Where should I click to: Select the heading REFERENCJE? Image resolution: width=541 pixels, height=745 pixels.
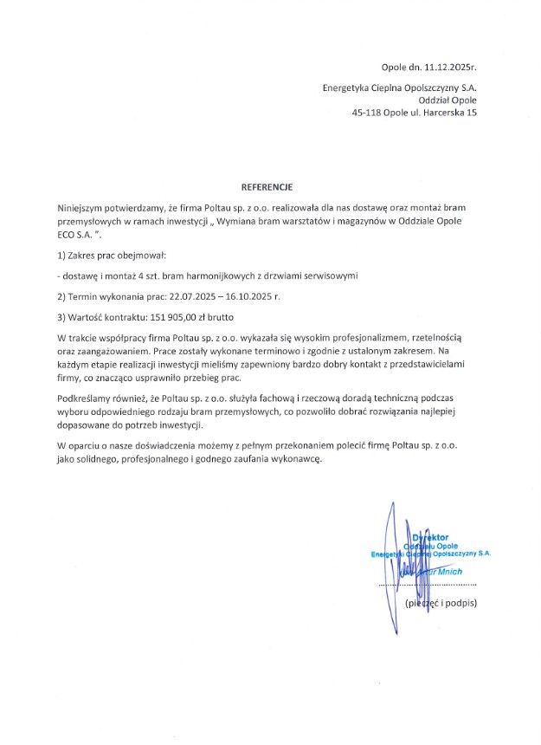[267, 186]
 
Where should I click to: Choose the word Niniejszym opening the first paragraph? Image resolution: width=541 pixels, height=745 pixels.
[81, 209]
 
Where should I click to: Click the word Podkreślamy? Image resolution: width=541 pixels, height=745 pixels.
[85, 396]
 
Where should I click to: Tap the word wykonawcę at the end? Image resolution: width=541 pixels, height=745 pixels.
[293, 460]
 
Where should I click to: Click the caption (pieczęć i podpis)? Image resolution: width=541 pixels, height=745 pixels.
[441, 602]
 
